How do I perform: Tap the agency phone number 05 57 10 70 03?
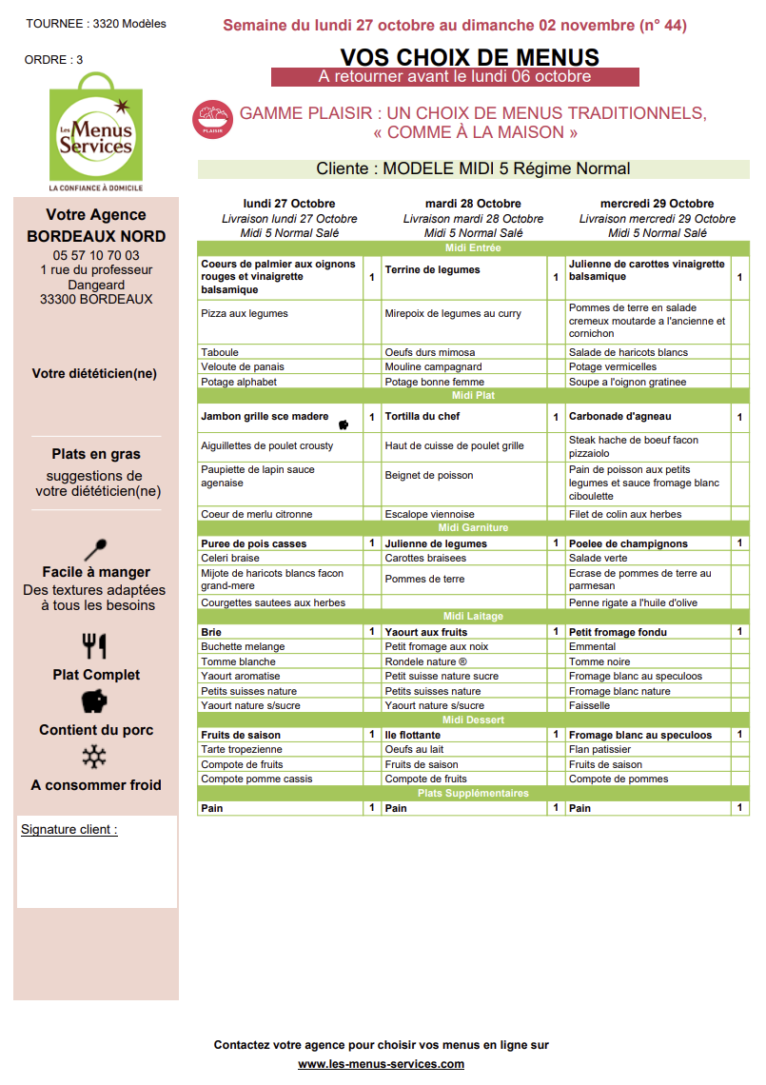(x=96, y=255)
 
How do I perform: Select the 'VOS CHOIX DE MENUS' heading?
(x=469, y=57)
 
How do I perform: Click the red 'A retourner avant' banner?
(x=455, y=77)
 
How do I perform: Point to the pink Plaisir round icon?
(x=212, y=121)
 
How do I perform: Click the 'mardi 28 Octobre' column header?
(x=473, y=204)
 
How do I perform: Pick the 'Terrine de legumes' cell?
(x=433, y=270)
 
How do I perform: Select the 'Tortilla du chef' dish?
(x=422, y=417)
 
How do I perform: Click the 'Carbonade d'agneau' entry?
(x=619, y=417)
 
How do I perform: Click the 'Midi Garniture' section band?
(x=473, y=528)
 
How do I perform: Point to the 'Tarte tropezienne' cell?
(x=242, y=750)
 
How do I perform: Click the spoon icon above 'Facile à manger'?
(x=95, y=550)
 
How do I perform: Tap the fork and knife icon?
(x=95, y=646)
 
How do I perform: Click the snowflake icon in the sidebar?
(x=94, y=758)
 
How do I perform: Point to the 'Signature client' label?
(x=69, y=830)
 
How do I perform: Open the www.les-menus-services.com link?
(x=381, y=1064)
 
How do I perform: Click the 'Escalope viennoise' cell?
(x=429, y=515)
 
